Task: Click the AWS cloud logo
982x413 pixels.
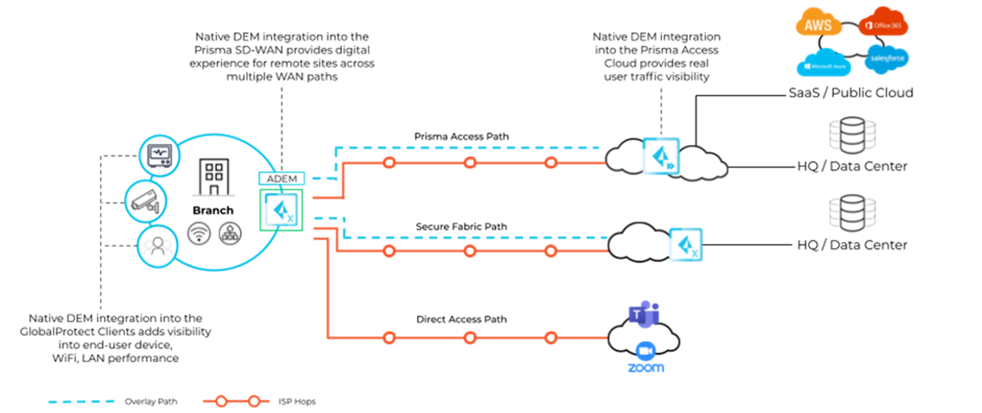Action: point(819,23)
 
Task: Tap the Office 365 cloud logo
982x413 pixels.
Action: point(883,24)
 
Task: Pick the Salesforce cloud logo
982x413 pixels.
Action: point(886,59)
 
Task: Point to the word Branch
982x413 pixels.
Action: point(213,210)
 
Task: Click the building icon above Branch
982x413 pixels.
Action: point(214,177)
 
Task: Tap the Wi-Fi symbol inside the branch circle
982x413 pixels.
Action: point(198,234)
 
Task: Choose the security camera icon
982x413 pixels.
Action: point(145,200)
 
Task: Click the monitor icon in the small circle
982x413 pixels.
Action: point(159,155)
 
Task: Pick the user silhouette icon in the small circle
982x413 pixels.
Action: point(155,245)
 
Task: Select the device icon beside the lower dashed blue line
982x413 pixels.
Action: point(686,245)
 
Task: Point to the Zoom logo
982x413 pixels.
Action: point(646,357)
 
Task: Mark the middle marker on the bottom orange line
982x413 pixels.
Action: point(470,337)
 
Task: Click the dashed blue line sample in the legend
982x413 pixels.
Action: point(81,402)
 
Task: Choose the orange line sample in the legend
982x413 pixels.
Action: point(236,402)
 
